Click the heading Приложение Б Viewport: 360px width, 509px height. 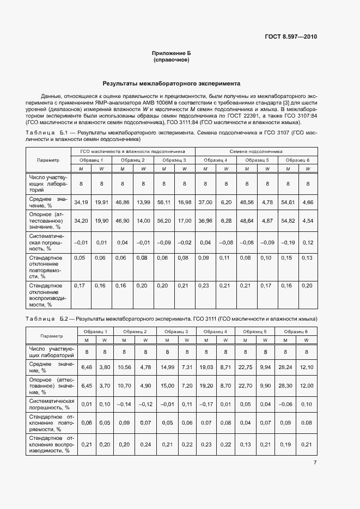172,53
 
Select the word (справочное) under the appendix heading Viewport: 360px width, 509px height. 172,60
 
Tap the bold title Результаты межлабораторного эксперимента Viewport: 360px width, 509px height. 172,84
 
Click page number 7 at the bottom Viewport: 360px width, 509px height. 315,463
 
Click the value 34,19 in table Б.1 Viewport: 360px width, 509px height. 81,202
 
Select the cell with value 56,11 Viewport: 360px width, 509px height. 163,202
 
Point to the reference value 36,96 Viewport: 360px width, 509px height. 205,221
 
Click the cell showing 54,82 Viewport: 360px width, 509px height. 288,221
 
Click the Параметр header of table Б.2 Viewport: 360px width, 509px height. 51,335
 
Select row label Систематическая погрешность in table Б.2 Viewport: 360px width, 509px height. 51,404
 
